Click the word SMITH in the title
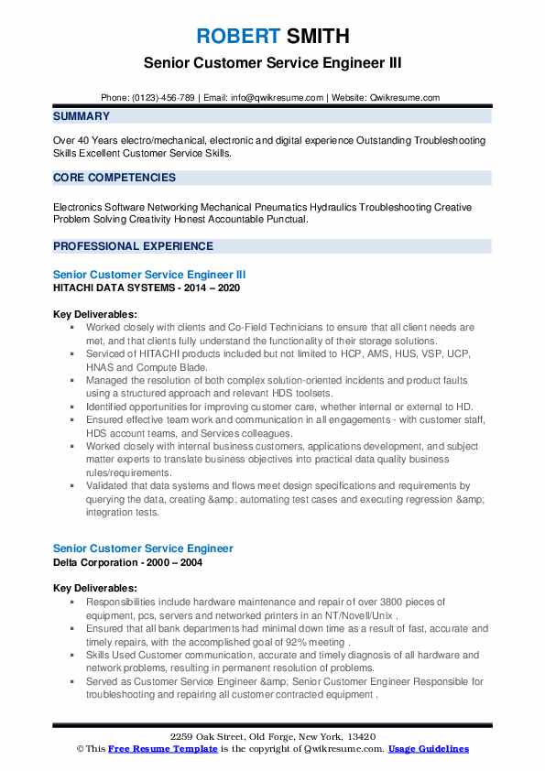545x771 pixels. (317, 37)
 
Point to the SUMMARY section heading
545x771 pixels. (82, 116)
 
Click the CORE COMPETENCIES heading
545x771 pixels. (114, 178)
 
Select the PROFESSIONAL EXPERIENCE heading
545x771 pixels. (133, 246)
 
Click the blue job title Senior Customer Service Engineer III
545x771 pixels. (149, 274)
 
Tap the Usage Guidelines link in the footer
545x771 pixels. (428, 748)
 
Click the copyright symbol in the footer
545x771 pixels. (81, 748)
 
